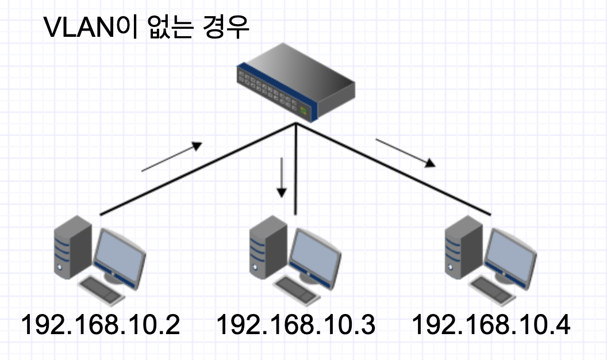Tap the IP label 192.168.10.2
101,325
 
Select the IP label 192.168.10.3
296,325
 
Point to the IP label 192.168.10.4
491,325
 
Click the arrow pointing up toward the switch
172,156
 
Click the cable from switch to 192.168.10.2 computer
198,169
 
